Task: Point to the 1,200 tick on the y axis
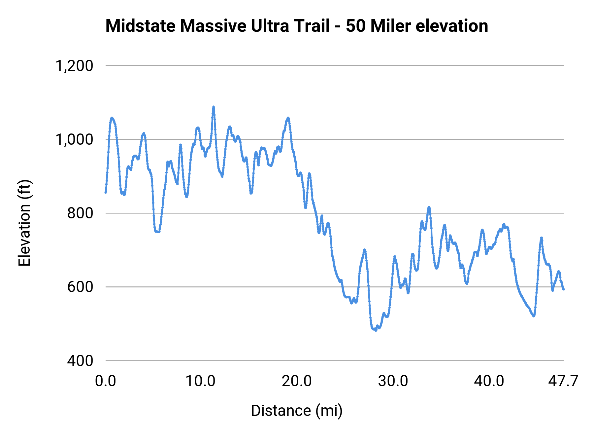click(74, 66)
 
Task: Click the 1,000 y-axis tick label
click(74, 139)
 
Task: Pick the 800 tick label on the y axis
click(80, 213)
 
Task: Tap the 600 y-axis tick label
click(80, 287)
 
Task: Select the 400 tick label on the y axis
click(80, 360)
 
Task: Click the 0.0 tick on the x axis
click(106, 381)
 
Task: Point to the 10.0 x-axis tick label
click(200, 381)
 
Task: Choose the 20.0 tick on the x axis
click(297, 381)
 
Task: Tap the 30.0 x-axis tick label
click(393, 381)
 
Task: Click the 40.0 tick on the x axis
click(489, 381)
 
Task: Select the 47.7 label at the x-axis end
click(563, 381)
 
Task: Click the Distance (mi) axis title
click(297, 411)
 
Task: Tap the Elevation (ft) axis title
click(24, 223)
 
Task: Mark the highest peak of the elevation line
click(214, 107)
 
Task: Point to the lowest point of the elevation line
click(376, 330)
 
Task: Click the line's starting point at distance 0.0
click(106, 192)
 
